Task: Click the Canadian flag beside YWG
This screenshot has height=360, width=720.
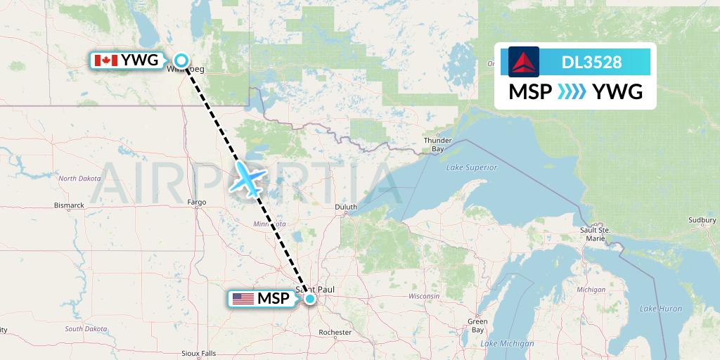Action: point(105,60)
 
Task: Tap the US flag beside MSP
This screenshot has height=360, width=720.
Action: point(243,299)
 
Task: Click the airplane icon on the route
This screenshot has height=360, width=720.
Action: point(247,177)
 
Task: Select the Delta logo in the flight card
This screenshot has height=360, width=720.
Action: point(524,62)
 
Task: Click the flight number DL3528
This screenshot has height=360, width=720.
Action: point(591,62)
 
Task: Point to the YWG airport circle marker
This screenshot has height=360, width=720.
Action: point(181,60)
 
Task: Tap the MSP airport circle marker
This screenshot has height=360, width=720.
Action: point(309,299)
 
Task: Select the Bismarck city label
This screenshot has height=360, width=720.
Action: point(69,205)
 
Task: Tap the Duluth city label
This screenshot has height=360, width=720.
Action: point(346,207)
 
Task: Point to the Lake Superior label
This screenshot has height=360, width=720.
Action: point(471,167)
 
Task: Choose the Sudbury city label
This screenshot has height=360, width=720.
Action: point(702,220)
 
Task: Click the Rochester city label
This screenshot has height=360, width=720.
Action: point(335,332)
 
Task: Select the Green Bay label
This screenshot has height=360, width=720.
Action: point(477,326)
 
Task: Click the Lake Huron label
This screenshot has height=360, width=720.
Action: point(660,309)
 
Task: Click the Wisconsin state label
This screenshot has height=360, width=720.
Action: point(425,296)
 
